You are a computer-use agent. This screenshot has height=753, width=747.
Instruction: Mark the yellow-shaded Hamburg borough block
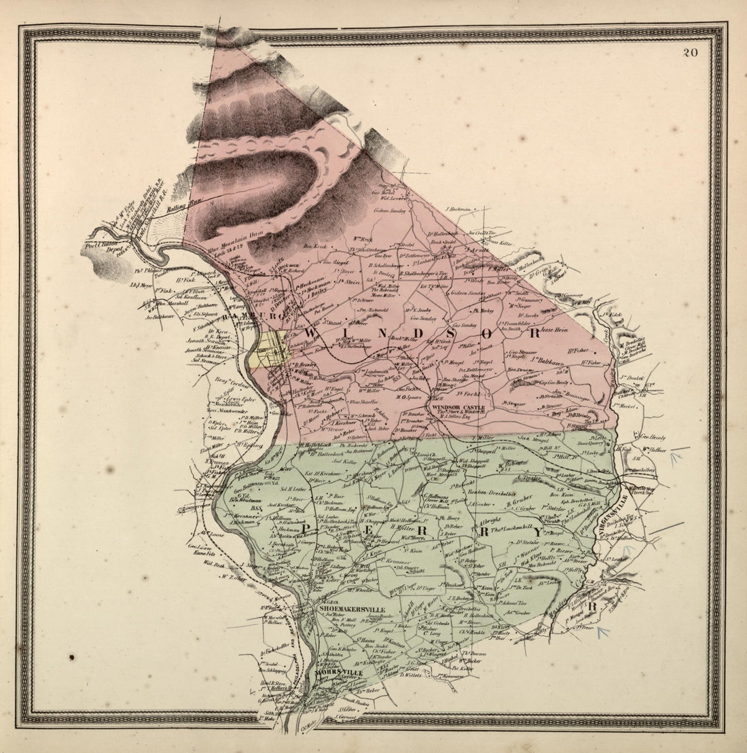(x=271, y=348)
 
